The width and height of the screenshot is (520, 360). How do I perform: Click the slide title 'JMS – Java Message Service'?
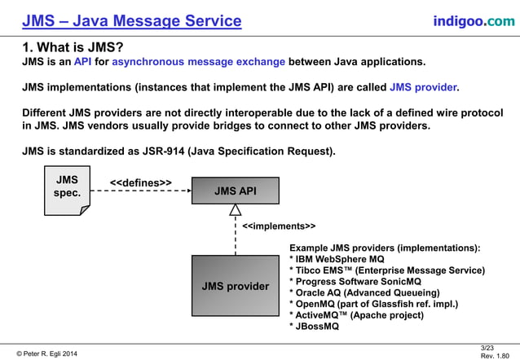pos(131,20)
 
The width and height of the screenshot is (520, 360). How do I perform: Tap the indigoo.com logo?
pos(474,20)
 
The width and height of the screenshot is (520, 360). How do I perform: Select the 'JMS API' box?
pos(236,191)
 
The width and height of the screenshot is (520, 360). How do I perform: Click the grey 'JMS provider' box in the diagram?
pos(236,286)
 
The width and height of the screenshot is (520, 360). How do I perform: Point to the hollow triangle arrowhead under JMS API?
pos(236,211)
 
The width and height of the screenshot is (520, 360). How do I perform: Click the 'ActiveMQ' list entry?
pos(356,315)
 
